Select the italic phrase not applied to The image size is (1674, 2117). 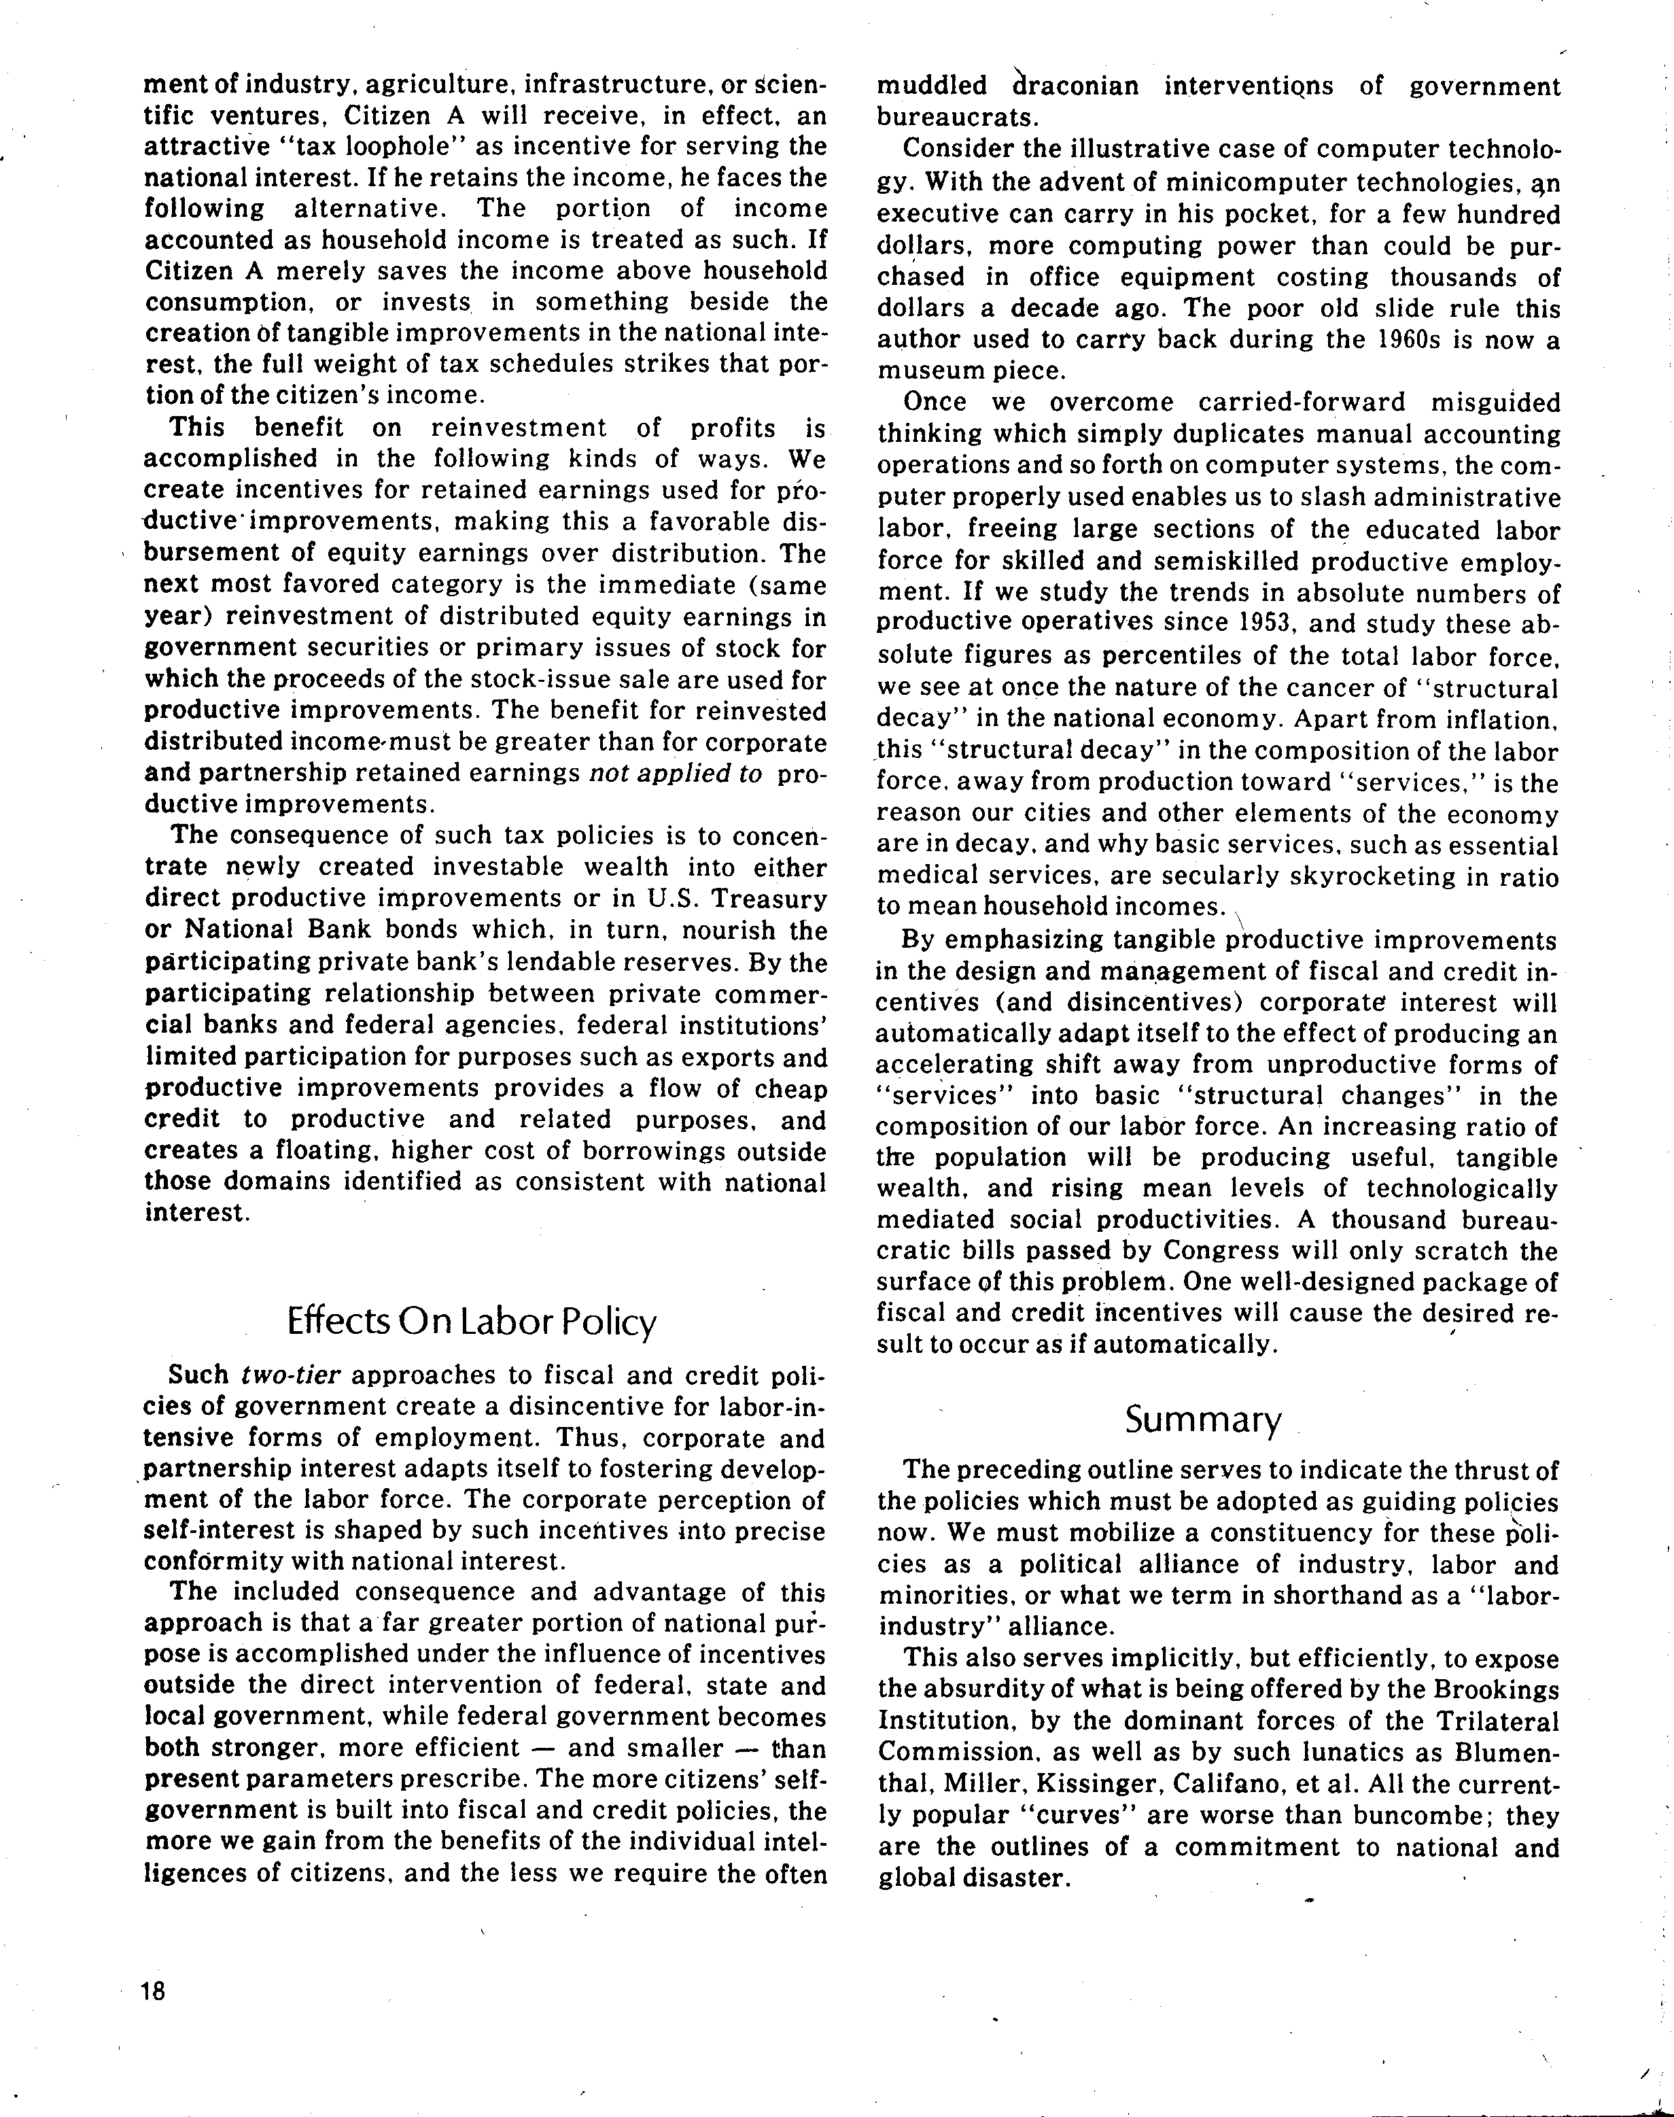point(676,773)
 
